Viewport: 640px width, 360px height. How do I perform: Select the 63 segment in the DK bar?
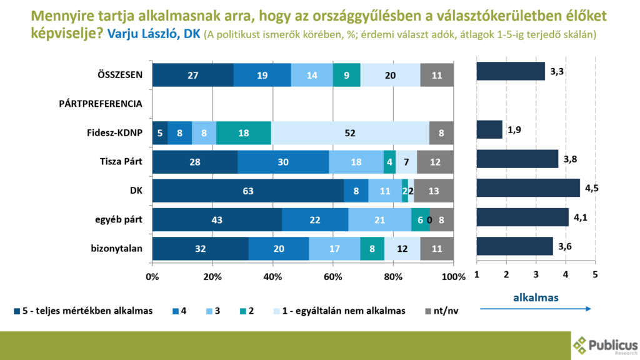point(247,191)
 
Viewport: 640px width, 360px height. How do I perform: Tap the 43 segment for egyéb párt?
point(217,219)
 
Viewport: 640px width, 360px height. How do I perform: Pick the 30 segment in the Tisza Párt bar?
point(283,162)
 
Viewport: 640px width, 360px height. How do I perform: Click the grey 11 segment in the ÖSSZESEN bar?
point(437,75)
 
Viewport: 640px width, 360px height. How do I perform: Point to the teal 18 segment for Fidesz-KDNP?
point(244,132)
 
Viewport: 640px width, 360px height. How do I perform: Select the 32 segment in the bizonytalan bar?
point(200,249)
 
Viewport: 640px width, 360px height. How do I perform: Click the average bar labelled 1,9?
point(489,129)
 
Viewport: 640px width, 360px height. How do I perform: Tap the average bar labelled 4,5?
point(528,187)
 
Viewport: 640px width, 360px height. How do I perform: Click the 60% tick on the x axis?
point(333,276)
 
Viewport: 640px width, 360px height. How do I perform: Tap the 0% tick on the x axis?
point(153,276)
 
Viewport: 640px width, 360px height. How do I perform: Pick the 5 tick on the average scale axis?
point(595,275)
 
